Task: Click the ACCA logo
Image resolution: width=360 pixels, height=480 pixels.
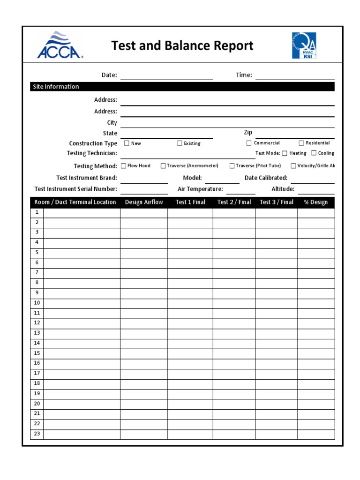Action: click(x=60, y=45)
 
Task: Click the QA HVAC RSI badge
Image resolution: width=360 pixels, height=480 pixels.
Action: click(x=304, y=45)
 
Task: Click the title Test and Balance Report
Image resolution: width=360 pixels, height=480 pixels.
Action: click(x=182, y=45)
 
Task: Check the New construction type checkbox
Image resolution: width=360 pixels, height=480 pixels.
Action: click(x=127, y=143)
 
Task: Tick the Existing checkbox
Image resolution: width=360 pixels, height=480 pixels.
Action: click(x=180, y=143)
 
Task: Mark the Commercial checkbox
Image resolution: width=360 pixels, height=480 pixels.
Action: click(x=249, y=143)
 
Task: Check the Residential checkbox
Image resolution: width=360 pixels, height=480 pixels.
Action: click(x=301, y=143)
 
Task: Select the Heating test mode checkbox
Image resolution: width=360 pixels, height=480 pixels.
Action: click(x=285, y=153)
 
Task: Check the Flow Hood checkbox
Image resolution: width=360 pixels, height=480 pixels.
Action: click(x=124, y=166)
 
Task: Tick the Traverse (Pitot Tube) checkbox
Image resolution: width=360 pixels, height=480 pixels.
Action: click(x=232, y=166)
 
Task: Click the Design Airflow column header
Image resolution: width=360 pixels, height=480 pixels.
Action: click(x=144, y=202)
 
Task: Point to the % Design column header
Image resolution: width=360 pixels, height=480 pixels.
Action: click(x=316, y=202)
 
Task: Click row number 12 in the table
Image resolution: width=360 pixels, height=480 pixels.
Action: click(x=37, y=323)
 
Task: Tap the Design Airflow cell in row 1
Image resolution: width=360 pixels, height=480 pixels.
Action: click(x=144, y=213)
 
